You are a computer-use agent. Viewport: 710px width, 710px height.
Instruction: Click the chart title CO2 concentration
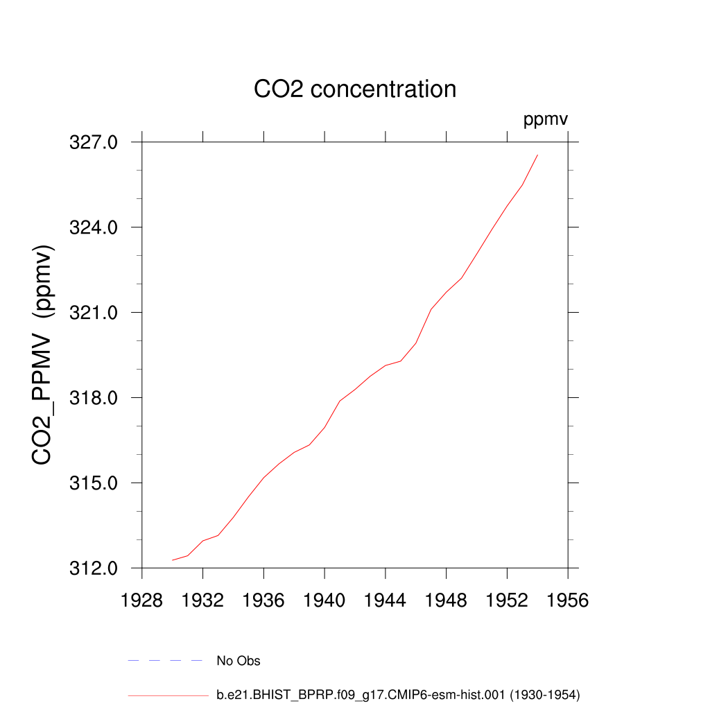click(x=355, y=89)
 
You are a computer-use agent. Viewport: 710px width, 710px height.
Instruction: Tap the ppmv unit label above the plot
click(x=546, y=120)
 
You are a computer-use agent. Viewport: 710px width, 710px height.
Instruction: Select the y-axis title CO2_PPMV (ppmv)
click(x=43, y=354)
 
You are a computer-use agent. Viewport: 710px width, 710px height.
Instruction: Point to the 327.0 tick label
click(x=94, y=142)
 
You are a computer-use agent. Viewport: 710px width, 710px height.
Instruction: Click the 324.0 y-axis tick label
click(x=94, y=227)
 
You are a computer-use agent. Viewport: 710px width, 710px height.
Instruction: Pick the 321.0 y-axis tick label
click(x=94, y=313)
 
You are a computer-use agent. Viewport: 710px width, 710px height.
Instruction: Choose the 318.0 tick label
click(x=94, y=398)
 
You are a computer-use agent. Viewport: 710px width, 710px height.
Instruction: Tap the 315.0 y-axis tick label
click(x=94, y=483)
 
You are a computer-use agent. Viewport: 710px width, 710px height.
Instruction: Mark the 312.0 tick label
click(x=94, y=569)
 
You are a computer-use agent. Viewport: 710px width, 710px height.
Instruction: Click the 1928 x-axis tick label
click(x=142, y=600)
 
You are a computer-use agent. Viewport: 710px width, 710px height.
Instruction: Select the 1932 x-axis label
click(x=203, y=600)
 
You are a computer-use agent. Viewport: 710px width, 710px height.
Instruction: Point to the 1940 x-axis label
click(x=324, y=600)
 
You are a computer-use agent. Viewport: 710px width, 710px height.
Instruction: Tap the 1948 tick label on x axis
click(x=447, y=600)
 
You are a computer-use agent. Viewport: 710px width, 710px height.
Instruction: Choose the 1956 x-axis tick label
click(x=568, y=600)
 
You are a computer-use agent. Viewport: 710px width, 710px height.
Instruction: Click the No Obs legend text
click(x=239, y=661)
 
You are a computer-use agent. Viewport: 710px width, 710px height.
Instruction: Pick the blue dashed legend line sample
click(x=165, y=661)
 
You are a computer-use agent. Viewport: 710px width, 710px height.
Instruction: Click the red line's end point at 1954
click(x=537, y=155)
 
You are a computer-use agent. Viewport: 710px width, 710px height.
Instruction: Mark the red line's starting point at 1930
click(x=173, y=560)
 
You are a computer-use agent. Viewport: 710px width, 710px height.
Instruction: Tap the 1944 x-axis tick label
click(x=386, y=600)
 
